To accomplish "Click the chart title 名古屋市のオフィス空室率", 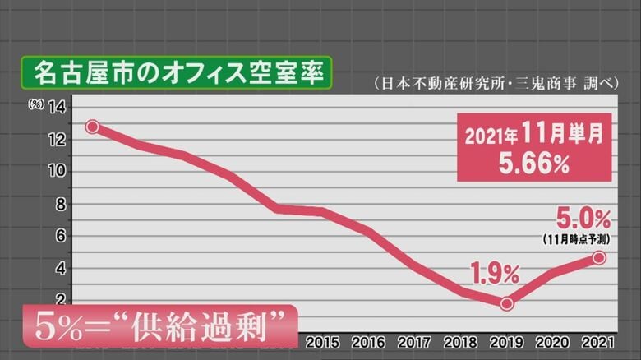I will click(178, 72).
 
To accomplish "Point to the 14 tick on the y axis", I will click(57, 106).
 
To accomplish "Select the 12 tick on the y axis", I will click(57, 139).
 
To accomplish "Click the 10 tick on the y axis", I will click(57, 171).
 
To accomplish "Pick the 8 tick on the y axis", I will click(59, 204).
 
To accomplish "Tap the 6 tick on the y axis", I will click(59, 236).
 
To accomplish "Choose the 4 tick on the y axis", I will click(59, 268).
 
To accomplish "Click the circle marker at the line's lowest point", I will click(506, 303).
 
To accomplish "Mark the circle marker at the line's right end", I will click(599, 258).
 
